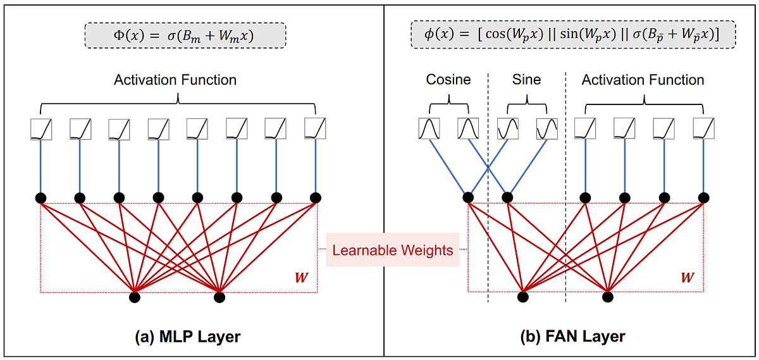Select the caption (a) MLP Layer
(x=187, y=337)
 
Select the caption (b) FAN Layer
(x=572, y=337)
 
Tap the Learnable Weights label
(x=393, y=250)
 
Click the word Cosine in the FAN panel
(x=448, y=80)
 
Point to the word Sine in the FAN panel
(x=526, y=80)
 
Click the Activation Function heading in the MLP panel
(x=175, y=80)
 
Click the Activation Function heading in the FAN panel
(x=643, y=80)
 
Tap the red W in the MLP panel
(x=302, y=277)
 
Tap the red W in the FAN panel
(x=686, y=277)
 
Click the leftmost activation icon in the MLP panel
(x=41, y=129)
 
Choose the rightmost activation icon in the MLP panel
(x=314, y=129)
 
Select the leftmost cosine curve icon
(x=429, y=129)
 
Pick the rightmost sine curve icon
(x=546, y=129)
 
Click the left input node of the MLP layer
(x=134, y=296)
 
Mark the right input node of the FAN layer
(x=608, y=296)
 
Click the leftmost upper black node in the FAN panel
(x=468, y=197)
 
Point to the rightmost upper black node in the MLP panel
(x=315, y=197)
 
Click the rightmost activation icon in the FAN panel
(x=703, y=129)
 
